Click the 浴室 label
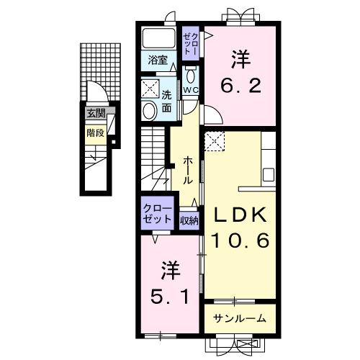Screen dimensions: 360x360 tap(158, 60)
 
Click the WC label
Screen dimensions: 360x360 tap(190, 90)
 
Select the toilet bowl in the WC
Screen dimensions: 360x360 tap(191, 76)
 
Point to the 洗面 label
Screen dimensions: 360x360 tap(166, 102)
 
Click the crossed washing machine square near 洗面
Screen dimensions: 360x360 tap(150, 89)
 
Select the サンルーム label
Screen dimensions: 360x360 tap(240, 318)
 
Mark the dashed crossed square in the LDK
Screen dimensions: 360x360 tap(215, 141)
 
